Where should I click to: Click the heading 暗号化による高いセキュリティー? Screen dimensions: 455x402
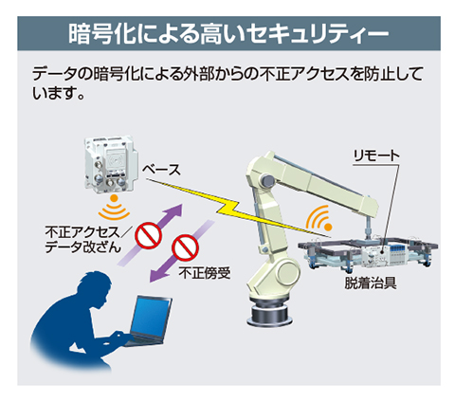[228, 33]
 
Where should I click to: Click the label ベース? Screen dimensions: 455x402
[161, 170]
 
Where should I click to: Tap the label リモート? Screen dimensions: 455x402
[376, 155]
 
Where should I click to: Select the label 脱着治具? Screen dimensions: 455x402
[371, 283]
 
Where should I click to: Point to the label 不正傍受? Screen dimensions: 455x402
[205, 273]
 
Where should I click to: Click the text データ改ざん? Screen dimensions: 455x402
[82, 247]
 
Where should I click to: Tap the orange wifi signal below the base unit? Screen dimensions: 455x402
[114, 209]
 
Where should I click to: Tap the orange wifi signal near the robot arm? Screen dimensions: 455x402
[318, 218]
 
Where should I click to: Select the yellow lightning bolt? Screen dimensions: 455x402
[239, 209]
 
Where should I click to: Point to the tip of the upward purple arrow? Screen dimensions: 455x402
[182, 204]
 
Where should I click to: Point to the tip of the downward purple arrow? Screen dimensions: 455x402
[150, 282]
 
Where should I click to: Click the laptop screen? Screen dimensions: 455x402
[151, 318]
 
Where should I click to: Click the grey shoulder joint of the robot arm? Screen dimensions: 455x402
[268, 181]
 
